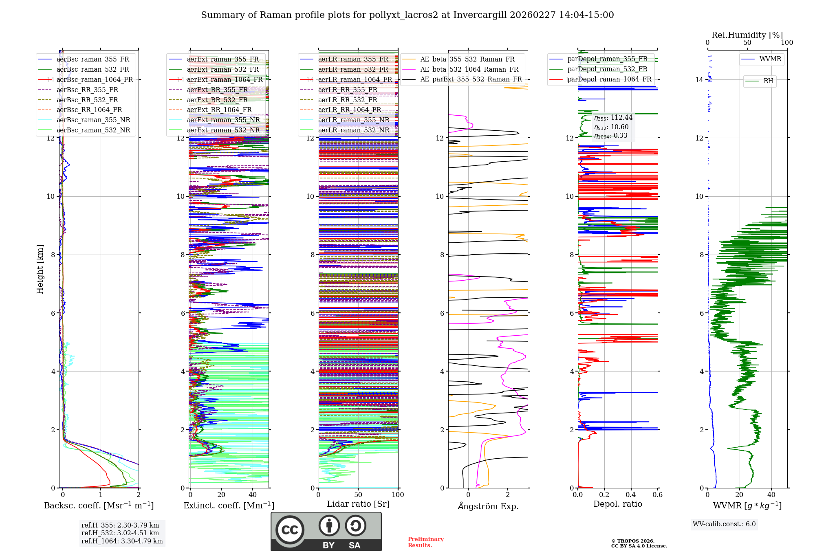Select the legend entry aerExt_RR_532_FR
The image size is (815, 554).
(217, 100)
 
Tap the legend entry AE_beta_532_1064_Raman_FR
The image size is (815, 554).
(469, 69)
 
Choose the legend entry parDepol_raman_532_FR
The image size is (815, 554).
(607, 69)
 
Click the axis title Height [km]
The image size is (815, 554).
(40, 269)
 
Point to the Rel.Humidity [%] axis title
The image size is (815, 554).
(747, 35)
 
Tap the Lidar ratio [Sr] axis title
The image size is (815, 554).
(358, 504)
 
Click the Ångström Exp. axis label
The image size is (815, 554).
(488, 506)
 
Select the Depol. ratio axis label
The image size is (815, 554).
(617, 504)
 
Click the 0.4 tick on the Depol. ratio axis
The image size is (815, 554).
(631, 495)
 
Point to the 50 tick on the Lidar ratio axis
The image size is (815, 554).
(358, 495)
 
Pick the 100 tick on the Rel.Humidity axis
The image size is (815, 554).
(787, 42)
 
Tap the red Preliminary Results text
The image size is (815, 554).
(425, 542)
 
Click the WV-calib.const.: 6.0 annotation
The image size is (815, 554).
(724, 524)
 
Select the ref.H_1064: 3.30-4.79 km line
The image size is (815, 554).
(122, 541)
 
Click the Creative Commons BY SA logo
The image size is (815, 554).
(326, 531)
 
